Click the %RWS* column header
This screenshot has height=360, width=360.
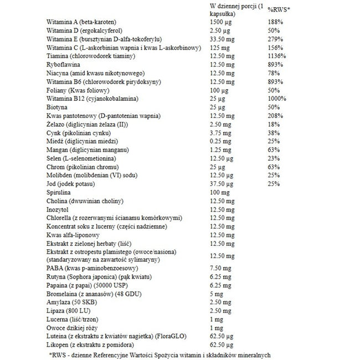279,9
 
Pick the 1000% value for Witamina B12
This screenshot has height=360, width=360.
278,98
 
